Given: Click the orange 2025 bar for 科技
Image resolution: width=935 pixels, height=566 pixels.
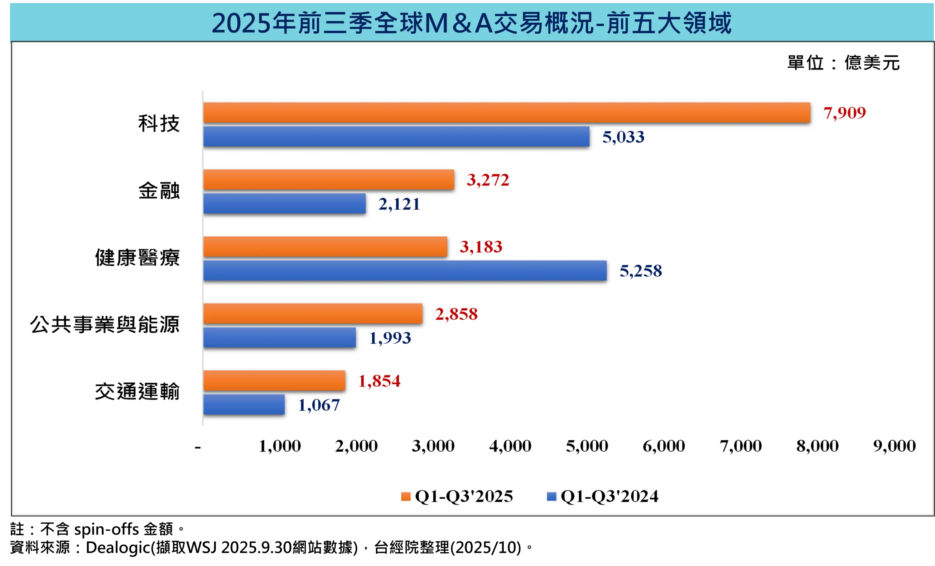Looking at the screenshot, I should [x=507, y=113].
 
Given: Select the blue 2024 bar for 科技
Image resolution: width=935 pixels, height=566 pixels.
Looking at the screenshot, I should [x=396, y=137].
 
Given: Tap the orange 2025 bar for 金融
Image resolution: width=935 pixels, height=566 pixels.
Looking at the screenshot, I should [x=329, y=180].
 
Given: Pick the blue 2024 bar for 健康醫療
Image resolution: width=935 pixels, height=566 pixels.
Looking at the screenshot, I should [x=405, y=271].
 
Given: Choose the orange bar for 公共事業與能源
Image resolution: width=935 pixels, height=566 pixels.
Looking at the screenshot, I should [x=313, y=313].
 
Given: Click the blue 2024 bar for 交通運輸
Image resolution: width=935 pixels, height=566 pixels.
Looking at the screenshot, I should [x=244, y=405].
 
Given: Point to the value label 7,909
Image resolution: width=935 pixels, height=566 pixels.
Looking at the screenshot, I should [x=844, y=113].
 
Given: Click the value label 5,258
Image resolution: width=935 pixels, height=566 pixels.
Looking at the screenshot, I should [x=641, y=271].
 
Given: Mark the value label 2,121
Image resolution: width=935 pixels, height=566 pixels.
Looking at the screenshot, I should [x=399, y=204].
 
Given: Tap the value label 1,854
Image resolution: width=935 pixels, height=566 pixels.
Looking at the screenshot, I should [x=379, y=381].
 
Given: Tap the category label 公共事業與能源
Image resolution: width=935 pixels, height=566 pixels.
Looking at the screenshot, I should [x=105, y=325].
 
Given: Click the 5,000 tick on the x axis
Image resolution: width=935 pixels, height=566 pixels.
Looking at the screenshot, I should [x=587, y=446].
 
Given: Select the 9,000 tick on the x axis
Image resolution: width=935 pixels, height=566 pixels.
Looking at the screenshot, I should [x=894, y=446].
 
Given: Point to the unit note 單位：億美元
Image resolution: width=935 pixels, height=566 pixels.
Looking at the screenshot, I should [x=843, y=63].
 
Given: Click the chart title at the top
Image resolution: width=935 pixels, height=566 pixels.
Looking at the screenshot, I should [x=471, y=23].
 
